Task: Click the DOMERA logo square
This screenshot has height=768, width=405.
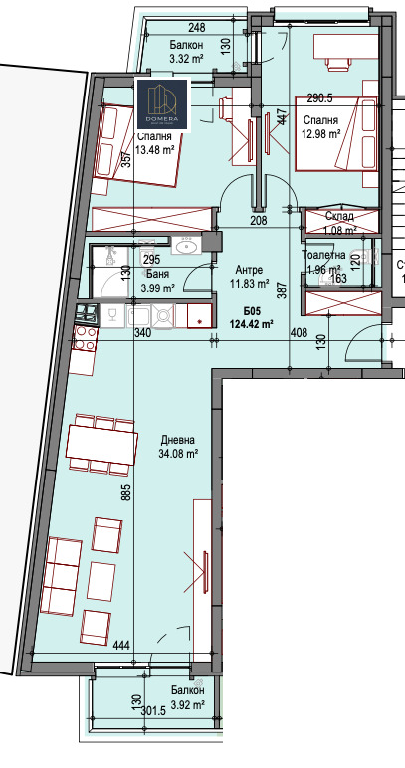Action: pyautogui.click(x=162, y=102)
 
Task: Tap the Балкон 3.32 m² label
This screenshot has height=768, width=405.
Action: pyautogui.click(x=186, y=52)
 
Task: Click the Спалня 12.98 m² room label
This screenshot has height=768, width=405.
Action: pyautogui.click(x=322, y=127)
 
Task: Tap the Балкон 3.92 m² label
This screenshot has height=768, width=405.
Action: pyautogui.click(x=187, y=697)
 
